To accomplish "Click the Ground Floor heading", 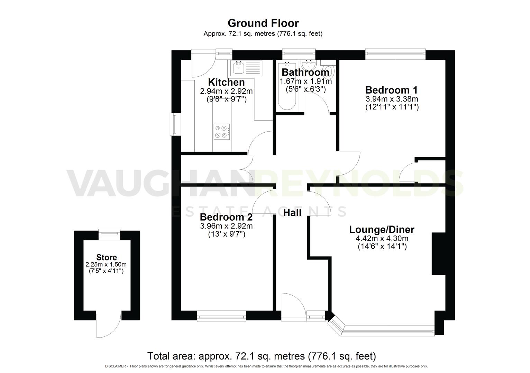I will point(263,23).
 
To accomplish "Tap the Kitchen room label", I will point(226,83).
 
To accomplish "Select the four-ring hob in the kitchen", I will point(222,131).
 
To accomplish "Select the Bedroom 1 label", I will point(391,90).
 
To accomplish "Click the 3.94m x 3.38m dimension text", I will point(392,99).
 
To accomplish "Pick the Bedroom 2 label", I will point(226,217).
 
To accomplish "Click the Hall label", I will point(292,213).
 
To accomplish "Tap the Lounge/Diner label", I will point(382,230).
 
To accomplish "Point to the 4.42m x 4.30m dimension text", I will point(382,239).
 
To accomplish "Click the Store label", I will point(106,257).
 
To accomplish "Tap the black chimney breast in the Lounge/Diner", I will point(438,254).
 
